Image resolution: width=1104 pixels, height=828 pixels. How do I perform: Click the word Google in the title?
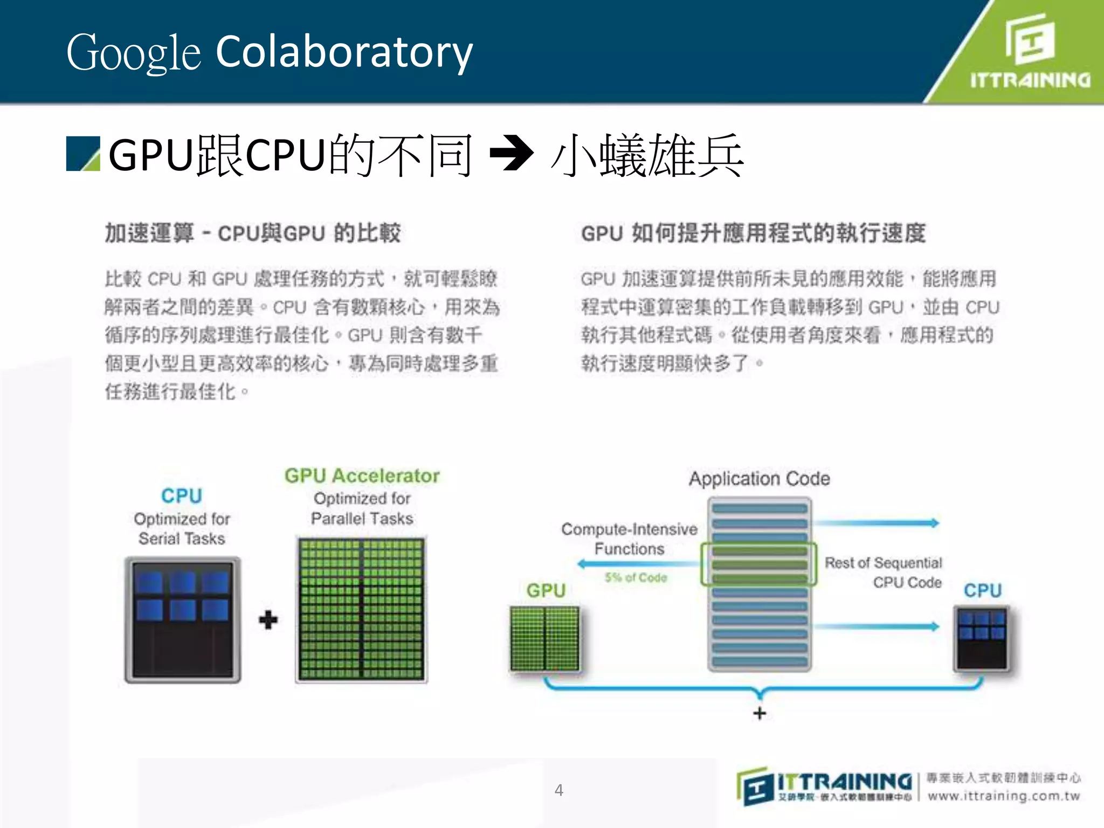(x=133, y=53)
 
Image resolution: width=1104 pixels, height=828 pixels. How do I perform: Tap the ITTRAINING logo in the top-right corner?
(x=1029, y=52)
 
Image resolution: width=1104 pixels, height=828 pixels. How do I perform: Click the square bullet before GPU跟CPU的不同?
(x=83, y=154)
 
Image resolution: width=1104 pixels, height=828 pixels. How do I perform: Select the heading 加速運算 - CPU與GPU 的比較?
(x=252, y=233)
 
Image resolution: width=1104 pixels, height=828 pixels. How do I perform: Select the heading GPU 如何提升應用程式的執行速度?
(x=753, y=233)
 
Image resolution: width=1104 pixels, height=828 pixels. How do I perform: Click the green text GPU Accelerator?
(x=362, y=475)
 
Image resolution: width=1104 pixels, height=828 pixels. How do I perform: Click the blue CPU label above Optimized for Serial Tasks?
(x=182, y=496)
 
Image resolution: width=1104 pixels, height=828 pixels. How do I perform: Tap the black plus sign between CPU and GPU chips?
(x=268, y=620)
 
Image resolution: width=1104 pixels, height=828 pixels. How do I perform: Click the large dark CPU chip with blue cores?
(x=183, y=620)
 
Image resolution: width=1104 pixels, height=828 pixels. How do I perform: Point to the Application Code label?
(x=759, y=479)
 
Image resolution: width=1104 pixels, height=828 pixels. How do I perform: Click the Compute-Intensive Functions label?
(x=629, y=539)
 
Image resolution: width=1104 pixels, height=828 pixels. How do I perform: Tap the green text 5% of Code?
(x=636, y=578)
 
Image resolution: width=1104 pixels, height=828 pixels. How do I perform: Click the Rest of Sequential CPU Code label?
(x=884, y=572)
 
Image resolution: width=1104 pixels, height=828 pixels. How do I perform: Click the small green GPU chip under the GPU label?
(x=545, y=639)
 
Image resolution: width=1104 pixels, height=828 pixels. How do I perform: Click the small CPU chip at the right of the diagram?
(x=982, y=639)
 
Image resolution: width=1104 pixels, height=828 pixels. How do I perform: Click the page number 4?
(x=559, y=790)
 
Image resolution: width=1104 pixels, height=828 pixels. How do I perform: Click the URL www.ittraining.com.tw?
(x=1003, y=796)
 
